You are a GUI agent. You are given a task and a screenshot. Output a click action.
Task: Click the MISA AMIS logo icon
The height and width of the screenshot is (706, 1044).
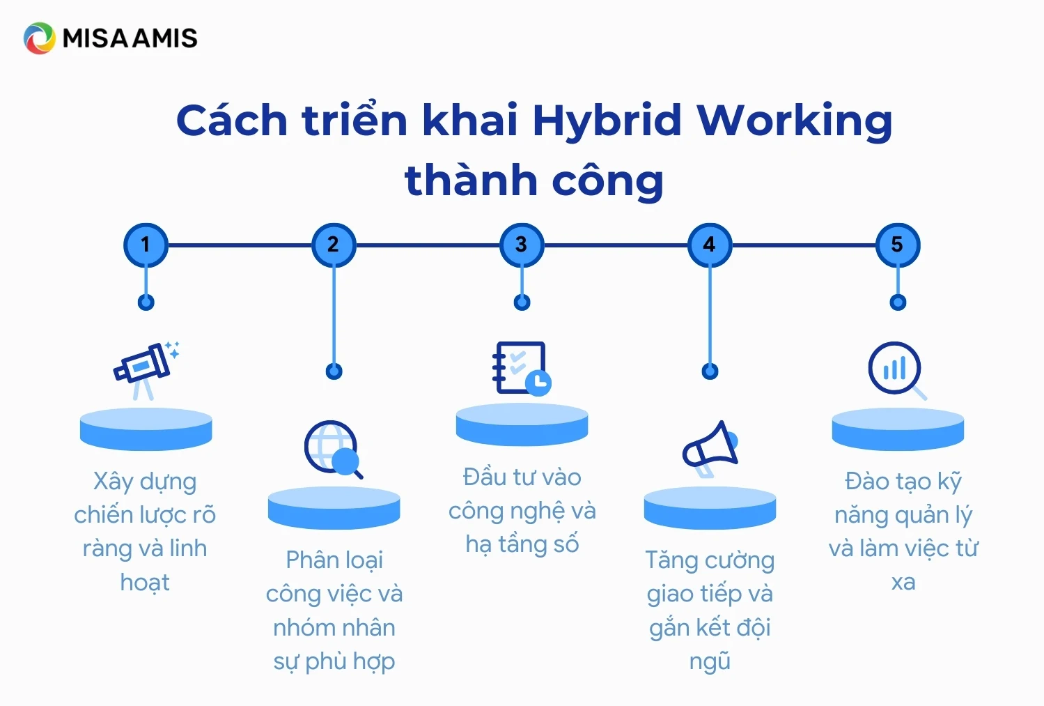[39, 38]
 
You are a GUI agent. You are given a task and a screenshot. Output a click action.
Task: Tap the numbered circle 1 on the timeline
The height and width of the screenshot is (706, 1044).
[146, 245]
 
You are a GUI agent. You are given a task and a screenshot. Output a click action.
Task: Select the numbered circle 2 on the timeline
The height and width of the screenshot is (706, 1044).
[334, 245]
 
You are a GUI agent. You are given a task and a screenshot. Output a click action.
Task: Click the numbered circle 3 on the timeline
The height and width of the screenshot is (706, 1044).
[522, 245]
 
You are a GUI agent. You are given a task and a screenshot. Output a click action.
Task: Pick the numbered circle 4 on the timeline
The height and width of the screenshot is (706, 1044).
[710, 245]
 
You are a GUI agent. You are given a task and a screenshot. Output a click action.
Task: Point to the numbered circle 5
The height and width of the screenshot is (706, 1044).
[898, 245]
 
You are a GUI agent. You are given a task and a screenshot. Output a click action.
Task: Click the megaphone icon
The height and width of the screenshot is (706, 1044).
[710, 448]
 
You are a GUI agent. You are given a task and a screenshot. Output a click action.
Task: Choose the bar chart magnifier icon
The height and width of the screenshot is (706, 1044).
[897, 370]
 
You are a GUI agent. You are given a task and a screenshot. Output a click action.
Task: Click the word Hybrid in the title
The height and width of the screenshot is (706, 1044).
[607, 121]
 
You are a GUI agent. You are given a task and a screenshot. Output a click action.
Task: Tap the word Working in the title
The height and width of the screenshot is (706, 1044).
[795, 121]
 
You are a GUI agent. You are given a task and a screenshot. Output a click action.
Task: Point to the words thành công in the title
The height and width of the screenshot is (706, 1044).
[534, 181]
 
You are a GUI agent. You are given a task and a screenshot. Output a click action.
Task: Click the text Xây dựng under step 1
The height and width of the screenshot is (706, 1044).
[145, 482]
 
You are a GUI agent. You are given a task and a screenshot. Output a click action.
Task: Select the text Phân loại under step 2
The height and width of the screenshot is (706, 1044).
[334, 560]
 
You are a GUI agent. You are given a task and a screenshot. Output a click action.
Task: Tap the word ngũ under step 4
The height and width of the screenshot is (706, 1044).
[710, 661]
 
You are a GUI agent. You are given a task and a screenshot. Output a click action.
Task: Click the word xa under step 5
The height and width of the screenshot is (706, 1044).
[903, 582]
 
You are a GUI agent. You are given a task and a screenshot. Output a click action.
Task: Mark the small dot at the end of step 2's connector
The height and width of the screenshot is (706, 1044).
[334, 371]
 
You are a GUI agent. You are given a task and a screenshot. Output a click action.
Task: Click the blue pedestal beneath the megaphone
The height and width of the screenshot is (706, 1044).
[710, 508]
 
